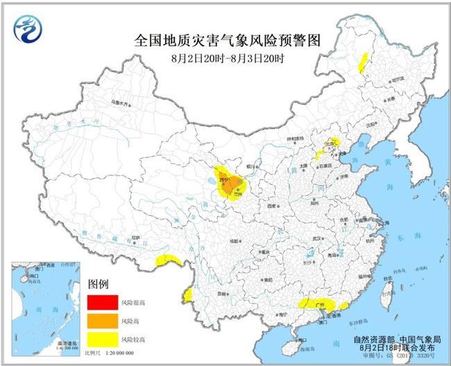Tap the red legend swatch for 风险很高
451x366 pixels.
pyautogui.click(x=103, y=303)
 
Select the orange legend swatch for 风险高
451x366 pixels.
pyautogui.click(x=103, y=322)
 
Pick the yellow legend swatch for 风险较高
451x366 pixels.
pyautogui.click(x=103, y=339)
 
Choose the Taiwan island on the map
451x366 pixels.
pyautogui.click(x=389, y=290)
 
